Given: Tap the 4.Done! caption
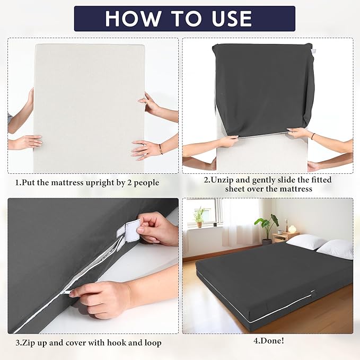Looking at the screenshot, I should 268,340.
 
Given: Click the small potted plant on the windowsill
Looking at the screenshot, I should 199,216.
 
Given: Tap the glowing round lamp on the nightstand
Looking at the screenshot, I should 292,229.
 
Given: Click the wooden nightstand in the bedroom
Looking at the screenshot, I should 286,236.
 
